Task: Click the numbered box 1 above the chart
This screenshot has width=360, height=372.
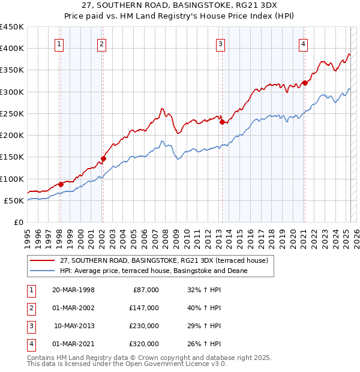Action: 60,44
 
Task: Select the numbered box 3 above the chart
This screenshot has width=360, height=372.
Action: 221,44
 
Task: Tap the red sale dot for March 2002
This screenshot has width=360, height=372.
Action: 103,159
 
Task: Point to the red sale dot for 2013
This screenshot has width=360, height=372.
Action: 222,122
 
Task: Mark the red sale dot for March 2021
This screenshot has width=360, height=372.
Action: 305,83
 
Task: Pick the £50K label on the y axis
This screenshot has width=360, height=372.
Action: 14,201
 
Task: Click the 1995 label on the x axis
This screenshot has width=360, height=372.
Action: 28,234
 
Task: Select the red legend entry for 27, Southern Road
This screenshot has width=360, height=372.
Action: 167,260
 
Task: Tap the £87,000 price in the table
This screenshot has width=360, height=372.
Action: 145,290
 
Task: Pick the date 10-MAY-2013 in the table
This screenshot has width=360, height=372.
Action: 73,326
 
